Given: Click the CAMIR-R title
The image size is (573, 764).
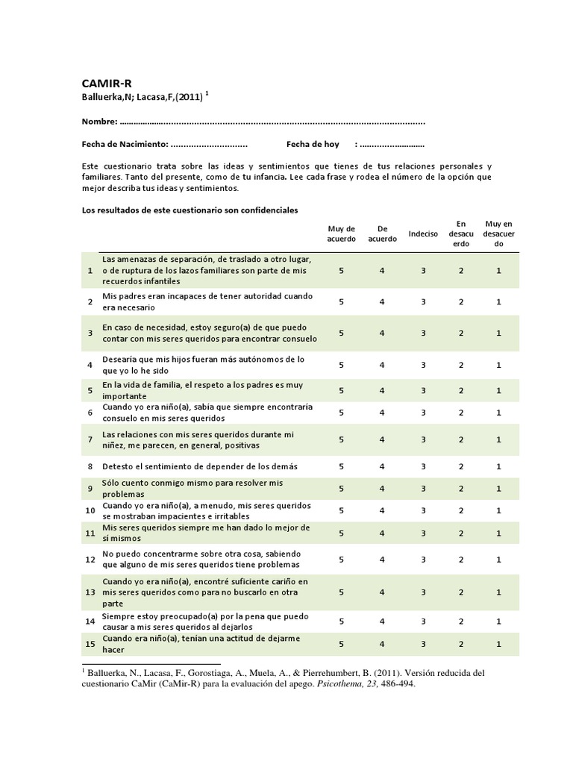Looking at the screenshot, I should point(106,83).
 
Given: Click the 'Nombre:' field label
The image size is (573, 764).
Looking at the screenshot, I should point(98,122).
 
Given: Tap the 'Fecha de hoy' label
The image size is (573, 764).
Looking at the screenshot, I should point(313,144).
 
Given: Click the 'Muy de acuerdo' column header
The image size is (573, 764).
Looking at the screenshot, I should point(341,234).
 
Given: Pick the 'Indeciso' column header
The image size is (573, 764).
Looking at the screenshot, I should point(423,234).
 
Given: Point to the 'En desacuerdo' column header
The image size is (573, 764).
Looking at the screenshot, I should point(461,234).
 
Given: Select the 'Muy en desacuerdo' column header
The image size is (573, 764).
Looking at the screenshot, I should point(498,234).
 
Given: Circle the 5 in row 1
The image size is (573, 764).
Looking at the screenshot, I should point(341,271).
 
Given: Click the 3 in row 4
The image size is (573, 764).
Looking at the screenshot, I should point(423,365).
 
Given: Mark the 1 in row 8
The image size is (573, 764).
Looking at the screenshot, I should point(498,466).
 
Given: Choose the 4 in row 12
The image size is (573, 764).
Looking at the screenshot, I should point(382,559).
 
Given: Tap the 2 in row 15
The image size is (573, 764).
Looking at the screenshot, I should point(461,643).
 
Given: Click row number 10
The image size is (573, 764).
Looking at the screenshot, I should point(90,510).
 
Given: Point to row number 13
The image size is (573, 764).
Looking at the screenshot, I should point(90,592).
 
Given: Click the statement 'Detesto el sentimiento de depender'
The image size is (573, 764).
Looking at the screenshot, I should point(199,466).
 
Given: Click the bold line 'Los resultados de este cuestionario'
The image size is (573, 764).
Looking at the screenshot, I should point(190,210).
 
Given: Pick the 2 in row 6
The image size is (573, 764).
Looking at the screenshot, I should point(461,413).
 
